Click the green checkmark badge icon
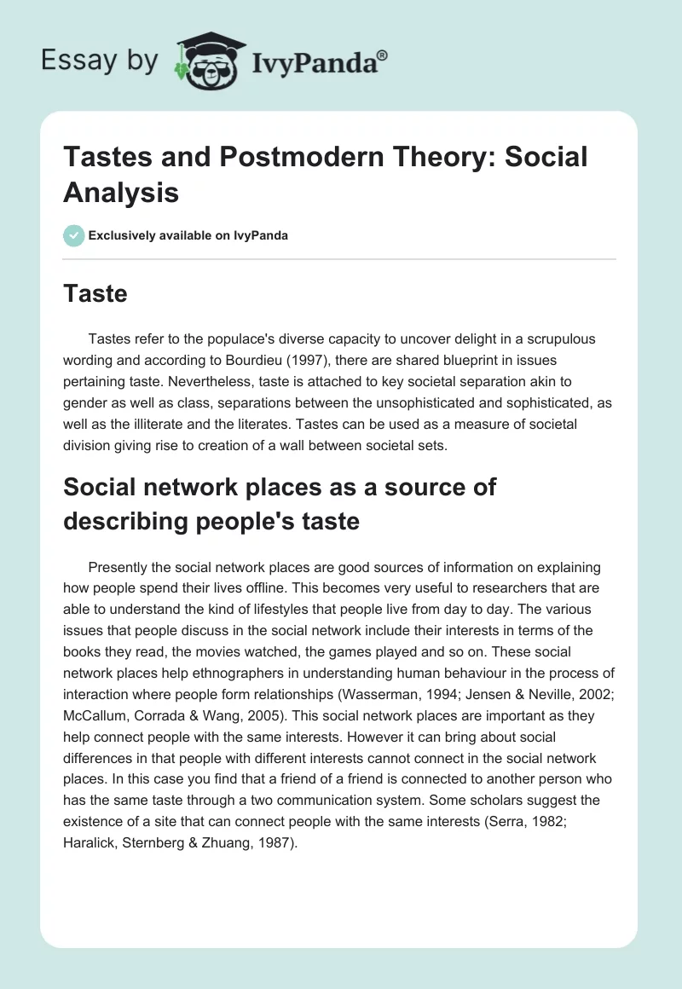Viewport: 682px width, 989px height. (x=74, y=235)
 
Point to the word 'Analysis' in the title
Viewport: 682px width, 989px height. (x=121, y=193)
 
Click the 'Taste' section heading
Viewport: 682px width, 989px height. (x=95, y=294)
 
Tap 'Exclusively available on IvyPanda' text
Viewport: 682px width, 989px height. (x=189, y=236)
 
